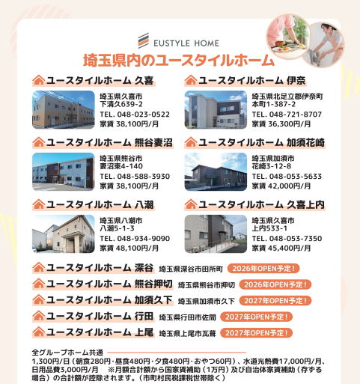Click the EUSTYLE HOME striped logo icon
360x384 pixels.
144,40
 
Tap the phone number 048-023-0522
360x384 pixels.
144,115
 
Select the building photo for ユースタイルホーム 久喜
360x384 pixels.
64,110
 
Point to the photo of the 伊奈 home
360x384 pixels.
216,110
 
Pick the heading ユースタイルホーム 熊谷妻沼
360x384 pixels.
103,142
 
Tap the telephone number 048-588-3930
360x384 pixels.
144,177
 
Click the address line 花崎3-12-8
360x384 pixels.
272,166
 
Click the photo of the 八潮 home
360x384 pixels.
64,234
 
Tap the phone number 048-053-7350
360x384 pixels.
296,239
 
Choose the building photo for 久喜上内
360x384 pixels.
216,234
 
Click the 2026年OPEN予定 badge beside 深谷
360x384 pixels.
263,269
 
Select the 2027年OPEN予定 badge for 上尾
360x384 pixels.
256,333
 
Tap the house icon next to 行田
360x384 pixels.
39,316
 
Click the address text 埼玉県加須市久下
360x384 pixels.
207,301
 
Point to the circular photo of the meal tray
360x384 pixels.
288,37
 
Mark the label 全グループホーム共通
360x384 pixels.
67,353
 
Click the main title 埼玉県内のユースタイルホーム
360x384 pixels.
179,61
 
